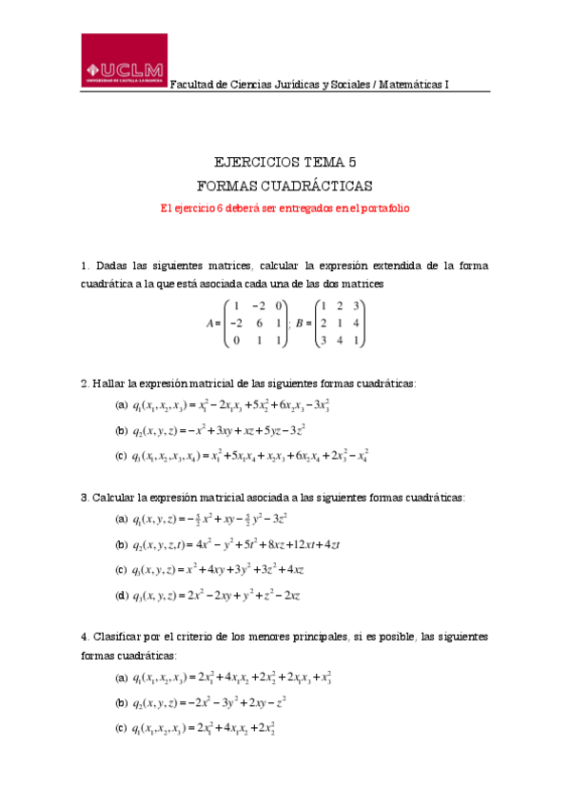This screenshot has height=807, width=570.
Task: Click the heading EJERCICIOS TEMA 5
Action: [x=285, y=162]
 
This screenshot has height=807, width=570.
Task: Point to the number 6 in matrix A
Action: [x=254, y=324]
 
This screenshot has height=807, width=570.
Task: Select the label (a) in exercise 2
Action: [x=122, y=405]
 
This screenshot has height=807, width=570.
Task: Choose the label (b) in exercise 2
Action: [x=122, y=430]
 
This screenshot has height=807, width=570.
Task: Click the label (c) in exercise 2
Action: [x=122, y=456]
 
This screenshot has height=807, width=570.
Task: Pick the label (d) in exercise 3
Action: [x=122, y=596]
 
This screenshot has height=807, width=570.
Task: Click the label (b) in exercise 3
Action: [x=122, y=544]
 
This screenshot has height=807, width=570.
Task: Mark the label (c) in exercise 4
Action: [x=122, y=729]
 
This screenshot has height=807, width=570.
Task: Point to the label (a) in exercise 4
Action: [x=122, y=678]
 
